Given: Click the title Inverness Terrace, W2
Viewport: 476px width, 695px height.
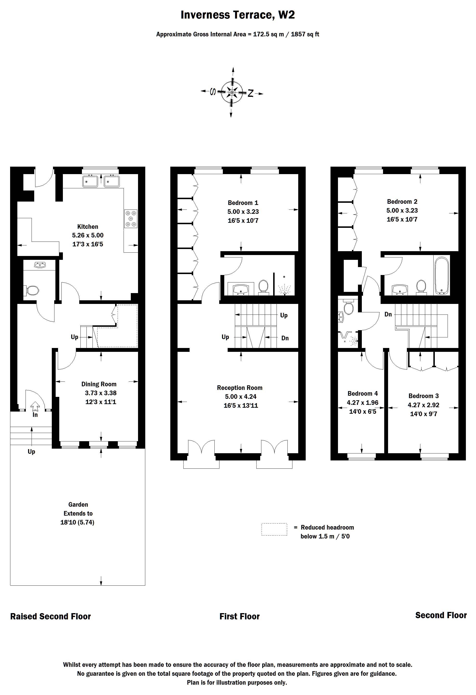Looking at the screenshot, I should [x=238, y=15].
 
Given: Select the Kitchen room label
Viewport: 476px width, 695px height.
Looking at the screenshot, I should [x=88, y=227].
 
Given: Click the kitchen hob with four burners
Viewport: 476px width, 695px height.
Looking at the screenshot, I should [x=131, y=219].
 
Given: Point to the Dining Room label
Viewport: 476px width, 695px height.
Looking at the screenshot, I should [x=99, y=384].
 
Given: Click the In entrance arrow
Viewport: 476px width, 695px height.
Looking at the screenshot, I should [x=35, y=407].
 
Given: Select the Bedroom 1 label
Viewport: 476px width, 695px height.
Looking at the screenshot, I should [x=243, y=203].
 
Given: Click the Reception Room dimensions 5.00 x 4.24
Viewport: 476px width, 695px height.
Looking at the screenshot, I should [x=241, y=397].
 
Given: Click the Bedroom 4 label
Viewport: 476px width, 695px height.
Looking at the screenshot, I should [x=362, y=393].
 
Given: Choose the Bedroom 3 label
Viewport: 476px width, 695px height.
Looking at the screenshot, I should [x=423, y=396].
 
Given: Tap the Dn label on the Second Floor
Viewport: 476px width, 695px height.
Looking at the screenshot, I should [x=388, y=314].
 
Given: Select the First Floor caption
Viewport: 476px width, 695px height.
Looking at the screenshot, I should [x=239, y=616].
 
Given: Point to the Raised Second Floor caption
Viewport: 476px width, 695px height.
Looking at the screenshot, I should [x=50, y=616].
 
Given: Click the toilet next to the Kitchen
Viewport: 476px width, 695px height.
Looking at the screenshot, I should [x=32, y=290].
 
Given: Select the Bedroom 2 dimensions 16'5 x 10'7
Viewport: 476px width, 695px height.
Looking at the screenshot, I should [x=402, y=219].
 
